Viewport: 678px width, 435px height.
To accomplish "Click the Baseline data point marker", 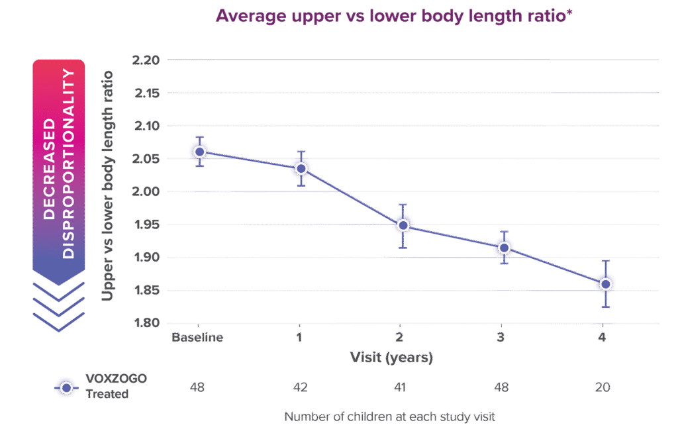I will (x=198, y=152).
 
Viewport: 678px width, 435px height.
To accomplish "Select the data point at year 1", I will (x=301, y=169).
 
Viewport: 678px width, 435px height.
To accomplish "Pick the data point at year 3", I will (x=504, y=248).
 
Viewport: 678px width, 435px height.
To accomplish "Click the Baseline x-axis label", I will (x=197, y=338).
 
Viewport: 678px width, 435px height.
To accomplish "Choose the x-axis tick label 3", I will (x=501, y=338).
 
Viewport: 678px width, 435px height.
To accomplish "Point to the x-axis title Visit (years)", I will (x=391, y=358).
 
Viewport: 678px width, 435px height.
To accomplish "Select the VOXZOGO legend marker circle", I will (x=66, y=387).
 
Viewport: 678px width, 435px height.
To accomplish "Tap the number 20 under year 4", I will (x=603, y=387).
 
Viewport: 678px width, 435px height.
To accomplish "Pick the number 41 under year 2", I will (x=400, y=387).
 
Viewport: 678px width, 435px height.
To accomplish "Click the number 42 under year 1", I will (x=299, y=387).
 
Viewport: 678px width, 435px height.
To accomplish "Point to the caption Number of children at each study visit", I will (x=390, y=418).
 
